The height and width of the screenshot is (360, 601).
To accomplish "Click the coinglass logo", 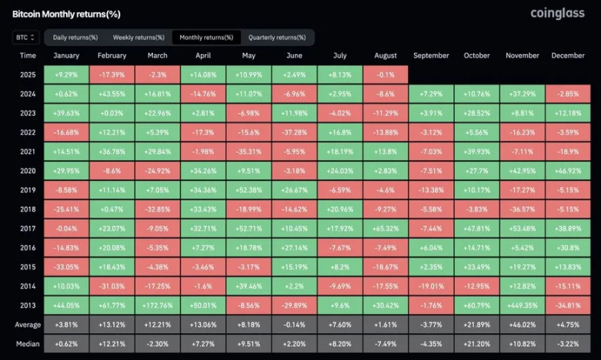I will click(558, 13).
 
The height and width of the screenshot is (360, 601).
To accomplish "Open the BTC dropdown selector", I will click(26, 37).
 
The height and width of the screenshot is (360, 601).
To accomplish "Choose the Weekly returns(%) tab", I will click(138, 37).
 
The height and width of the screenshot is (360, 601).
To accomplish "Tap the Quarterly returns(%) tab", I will click(277, 37).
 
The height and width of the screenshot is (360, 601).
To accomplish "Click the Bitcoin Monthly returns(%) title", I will click(67, 14).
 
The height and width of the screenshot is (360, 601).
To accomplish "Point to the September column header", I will click(431, 56).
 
